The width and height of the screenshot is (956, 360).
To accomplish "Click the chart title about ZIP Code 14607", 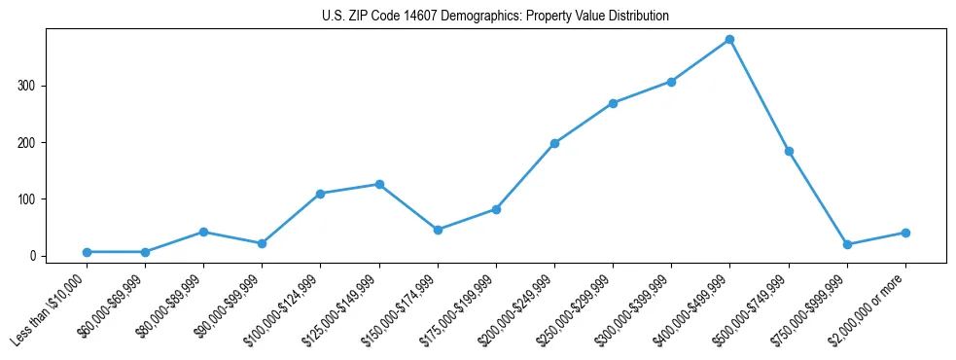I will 495,17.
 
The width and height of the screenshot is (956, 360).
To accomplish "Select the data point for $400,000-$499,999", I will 729,40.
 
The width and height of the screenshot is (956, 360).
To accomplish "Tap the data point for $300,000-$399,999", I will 671,82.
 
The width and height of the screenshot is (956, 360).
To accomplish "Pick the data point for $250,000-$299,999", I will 613,103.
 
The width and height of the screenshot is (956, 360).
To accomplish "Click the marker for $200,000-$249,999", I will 554,143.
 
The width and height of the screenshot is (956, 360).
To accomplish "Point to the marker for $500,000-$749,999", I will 789,151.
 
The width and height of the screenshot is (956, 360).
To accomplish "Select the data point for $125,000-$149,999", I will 379,184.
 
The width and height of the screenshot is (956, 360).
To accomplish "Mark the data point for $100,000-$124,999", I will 320,194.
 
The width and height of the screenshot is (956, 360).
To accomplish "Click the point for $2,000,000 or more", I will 905,233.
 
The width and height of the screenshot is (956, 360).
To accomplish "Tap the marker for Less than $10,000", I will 87,252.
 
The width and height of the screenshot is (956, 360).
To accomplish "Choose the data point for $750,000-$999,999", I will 847,244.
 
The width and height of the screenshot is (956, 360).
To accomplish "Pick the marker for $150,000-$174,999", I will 438,230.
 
